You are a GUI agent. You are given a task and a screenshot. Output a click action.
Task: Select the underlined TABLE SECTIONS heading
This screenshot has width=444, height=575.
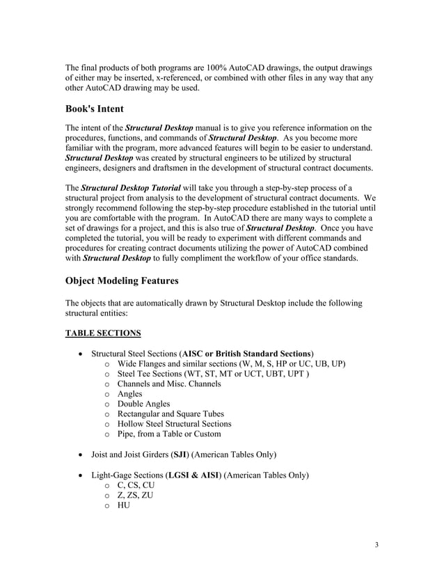103,333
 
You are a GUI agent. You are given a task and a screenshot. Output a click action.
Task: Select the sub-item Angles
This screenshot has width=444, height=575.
129,393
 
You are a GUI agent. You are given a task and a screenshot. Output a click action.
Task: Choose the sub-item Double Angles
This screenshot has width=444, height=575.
143,404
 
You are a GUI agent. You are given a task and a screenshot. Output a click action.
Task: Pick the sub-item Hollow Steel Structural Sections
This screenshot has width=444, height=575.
174,424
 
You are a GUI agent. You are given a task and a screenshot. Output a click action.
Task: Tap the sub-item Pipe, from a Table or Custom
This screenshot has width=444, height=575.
169,434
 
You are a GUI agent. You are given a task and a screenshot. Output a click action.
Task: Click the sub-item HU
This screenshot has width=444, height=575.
124,505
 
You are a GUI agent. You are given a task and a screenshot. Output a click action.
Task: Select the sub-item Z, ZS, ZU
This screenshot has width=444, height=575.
135,495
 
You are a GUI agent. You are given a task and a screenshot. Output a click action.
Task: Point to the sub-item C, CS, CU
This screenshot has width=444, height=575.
136,485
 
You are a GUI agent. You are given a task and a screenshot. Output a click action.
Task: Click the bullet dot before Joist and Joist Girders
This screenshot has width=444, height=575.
83,455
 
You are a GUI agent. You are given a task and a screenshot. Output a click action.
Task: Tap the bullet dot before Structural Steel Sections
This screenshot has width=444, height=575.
83,354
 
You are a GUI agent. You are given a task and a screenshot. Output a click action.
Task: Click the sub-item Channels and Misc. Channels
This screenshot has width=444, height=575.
169,384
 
